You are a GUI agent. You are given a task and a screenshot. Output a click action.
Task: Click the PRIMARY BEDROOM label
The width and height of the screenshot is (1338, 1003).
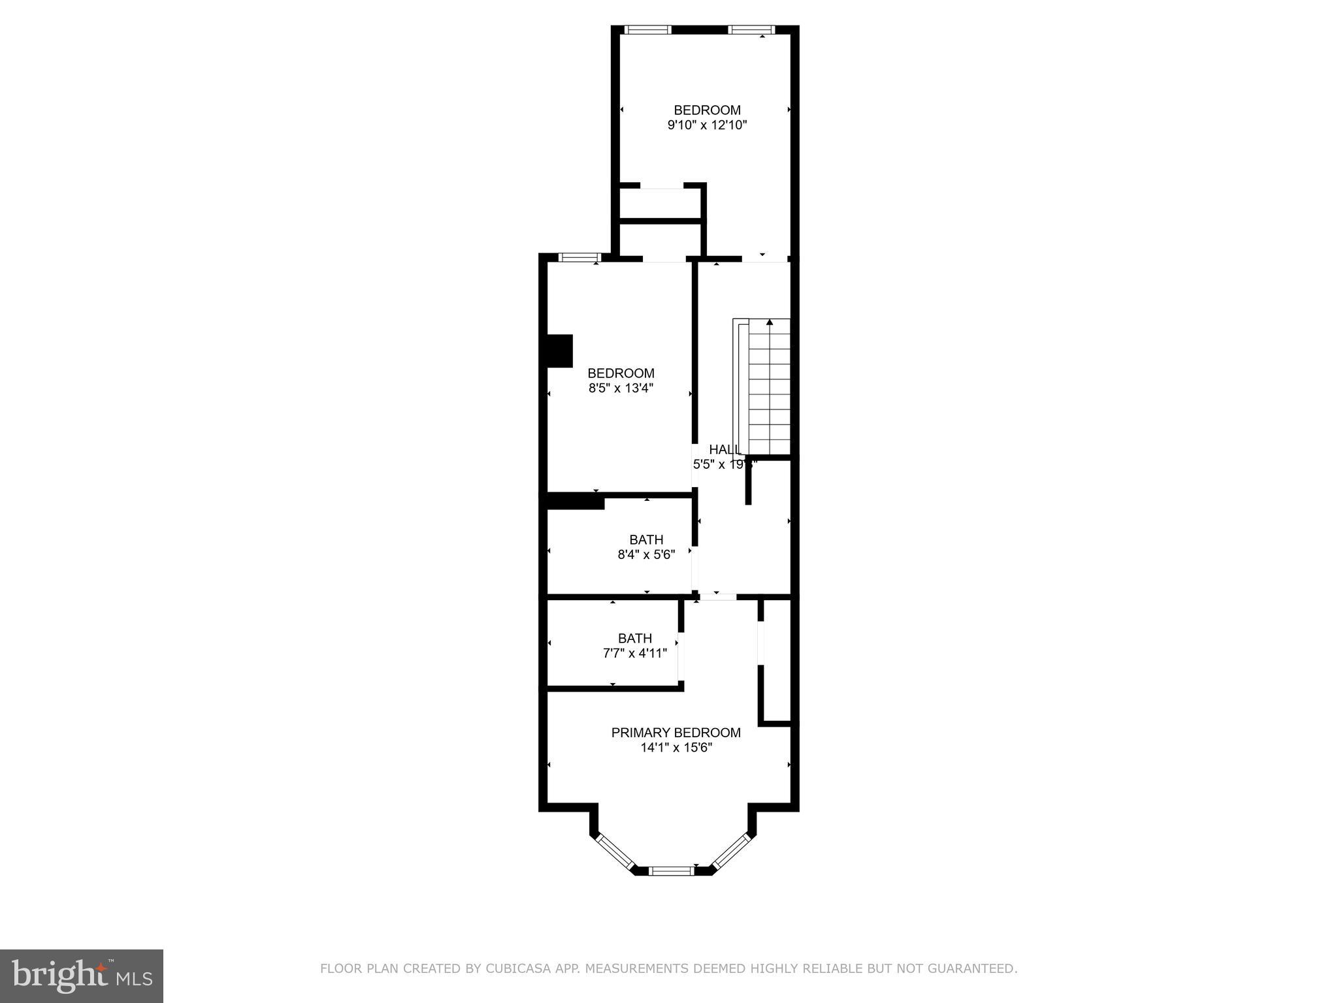click(x=676, y=733)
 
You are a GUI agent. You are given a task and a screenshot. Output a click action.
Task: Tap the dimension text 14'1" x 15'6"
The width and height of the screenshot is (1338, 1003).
click(x=676, y=748)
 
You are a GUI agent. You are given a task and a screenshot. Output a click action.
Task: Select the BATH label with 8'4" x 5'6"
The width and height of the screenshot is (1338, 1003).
click(x=646, y=540)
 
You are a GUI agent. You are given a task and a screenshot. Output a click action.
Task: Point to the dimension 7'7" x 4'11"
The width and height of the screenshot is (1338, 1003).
click(x=634, y=653)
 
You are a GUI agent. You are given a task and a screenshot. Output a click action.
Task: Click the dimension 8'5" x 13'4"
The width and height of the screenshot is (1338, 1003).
click(x=621, y=389)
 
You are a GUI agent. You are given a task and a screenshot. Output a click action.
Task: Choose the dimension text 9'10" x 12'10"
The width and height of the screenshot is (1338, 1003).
click(x=707, y=125)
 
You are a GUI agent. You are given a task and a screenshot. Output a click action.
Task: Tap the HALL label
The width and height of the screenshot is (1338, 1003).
click(x=723, y=450)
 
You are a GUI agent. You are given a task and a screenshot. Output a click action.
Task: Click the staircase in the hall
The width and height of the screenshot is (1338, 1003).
click(x=768, y=389)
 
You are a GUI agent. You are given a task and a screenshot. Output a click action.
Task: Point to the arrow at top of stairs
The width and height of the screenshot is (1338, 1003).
click(x=770, y=322)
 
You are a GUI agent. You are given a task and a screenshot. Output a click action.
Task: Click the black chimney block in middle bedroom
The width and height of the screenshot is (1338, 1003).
click(x=559, y=351)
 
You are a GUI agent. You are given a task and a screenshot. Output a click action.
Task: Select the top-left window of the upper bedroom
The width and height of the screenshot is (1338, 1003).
click(x=647, y=29)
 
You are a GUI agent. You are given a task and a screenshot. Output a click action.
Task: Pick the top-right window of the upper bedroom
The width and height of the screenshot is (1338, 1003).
click(x=751, y=29)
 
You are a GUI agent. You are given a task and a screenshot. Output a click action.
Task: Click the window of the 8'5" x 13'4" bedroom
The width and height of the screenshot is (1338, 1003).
click(x=579, y=257)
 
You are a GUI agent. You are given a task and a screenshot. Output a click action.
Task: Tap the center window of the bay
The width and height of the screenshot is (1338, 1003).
click(x=672, y=870)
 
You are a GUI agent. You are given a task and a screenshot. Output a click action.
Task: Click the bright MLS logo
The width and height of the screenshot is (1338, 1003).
click(x=82, y=976)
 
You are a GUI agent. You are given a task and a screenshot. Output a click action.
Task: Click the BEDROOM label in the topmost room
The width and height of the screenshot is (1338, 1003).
click(x=707, y=110)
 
